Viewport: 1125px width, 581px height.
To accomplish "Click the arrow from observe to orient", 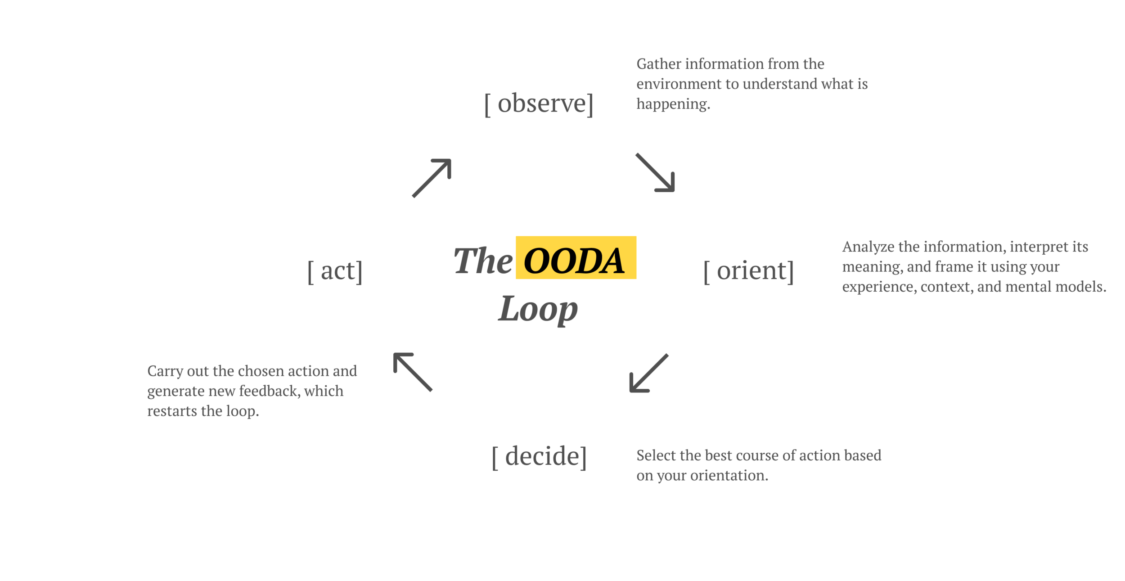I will pyautogui.click(x=656, y=173).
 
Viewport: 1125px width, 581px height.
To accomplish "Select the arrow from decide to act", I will pyautogui.click(x=412, y=372).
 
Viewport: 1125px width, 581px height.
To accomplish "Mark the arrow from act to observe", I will pyautogui.click(x=432, y=178).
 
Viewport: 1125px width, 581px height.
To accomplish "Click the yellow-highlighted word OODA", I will pyautogui.click(x=575, y=261).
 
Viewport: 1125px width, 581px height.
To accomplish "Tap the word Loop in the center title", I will pyautogui.click(x=538, y=310).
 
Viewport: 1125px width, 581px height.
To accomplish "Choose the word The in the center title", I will pyautogui.click(x=482, y=261).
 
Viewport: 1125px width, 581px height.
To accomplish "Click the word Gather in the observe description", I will pyautogui.click(x=658, y=64).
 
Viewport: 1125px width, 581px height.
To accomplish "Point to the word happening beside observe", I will pyautogui.click(x=673, y=104).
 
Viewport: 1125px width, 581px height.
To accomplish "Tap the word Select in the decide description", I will pyautogui.click(x=656, y=455).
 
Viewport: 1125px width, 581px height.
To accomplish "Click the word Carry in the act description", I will pyautogui.click(x=164, y=372).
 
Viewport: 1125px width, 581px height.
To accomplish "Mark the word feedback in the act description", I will pyautogui.click(x=269, y=391).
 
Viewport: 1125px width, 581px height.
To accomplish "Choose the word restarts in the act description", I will pyautogui.click(x=171, y=411).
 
